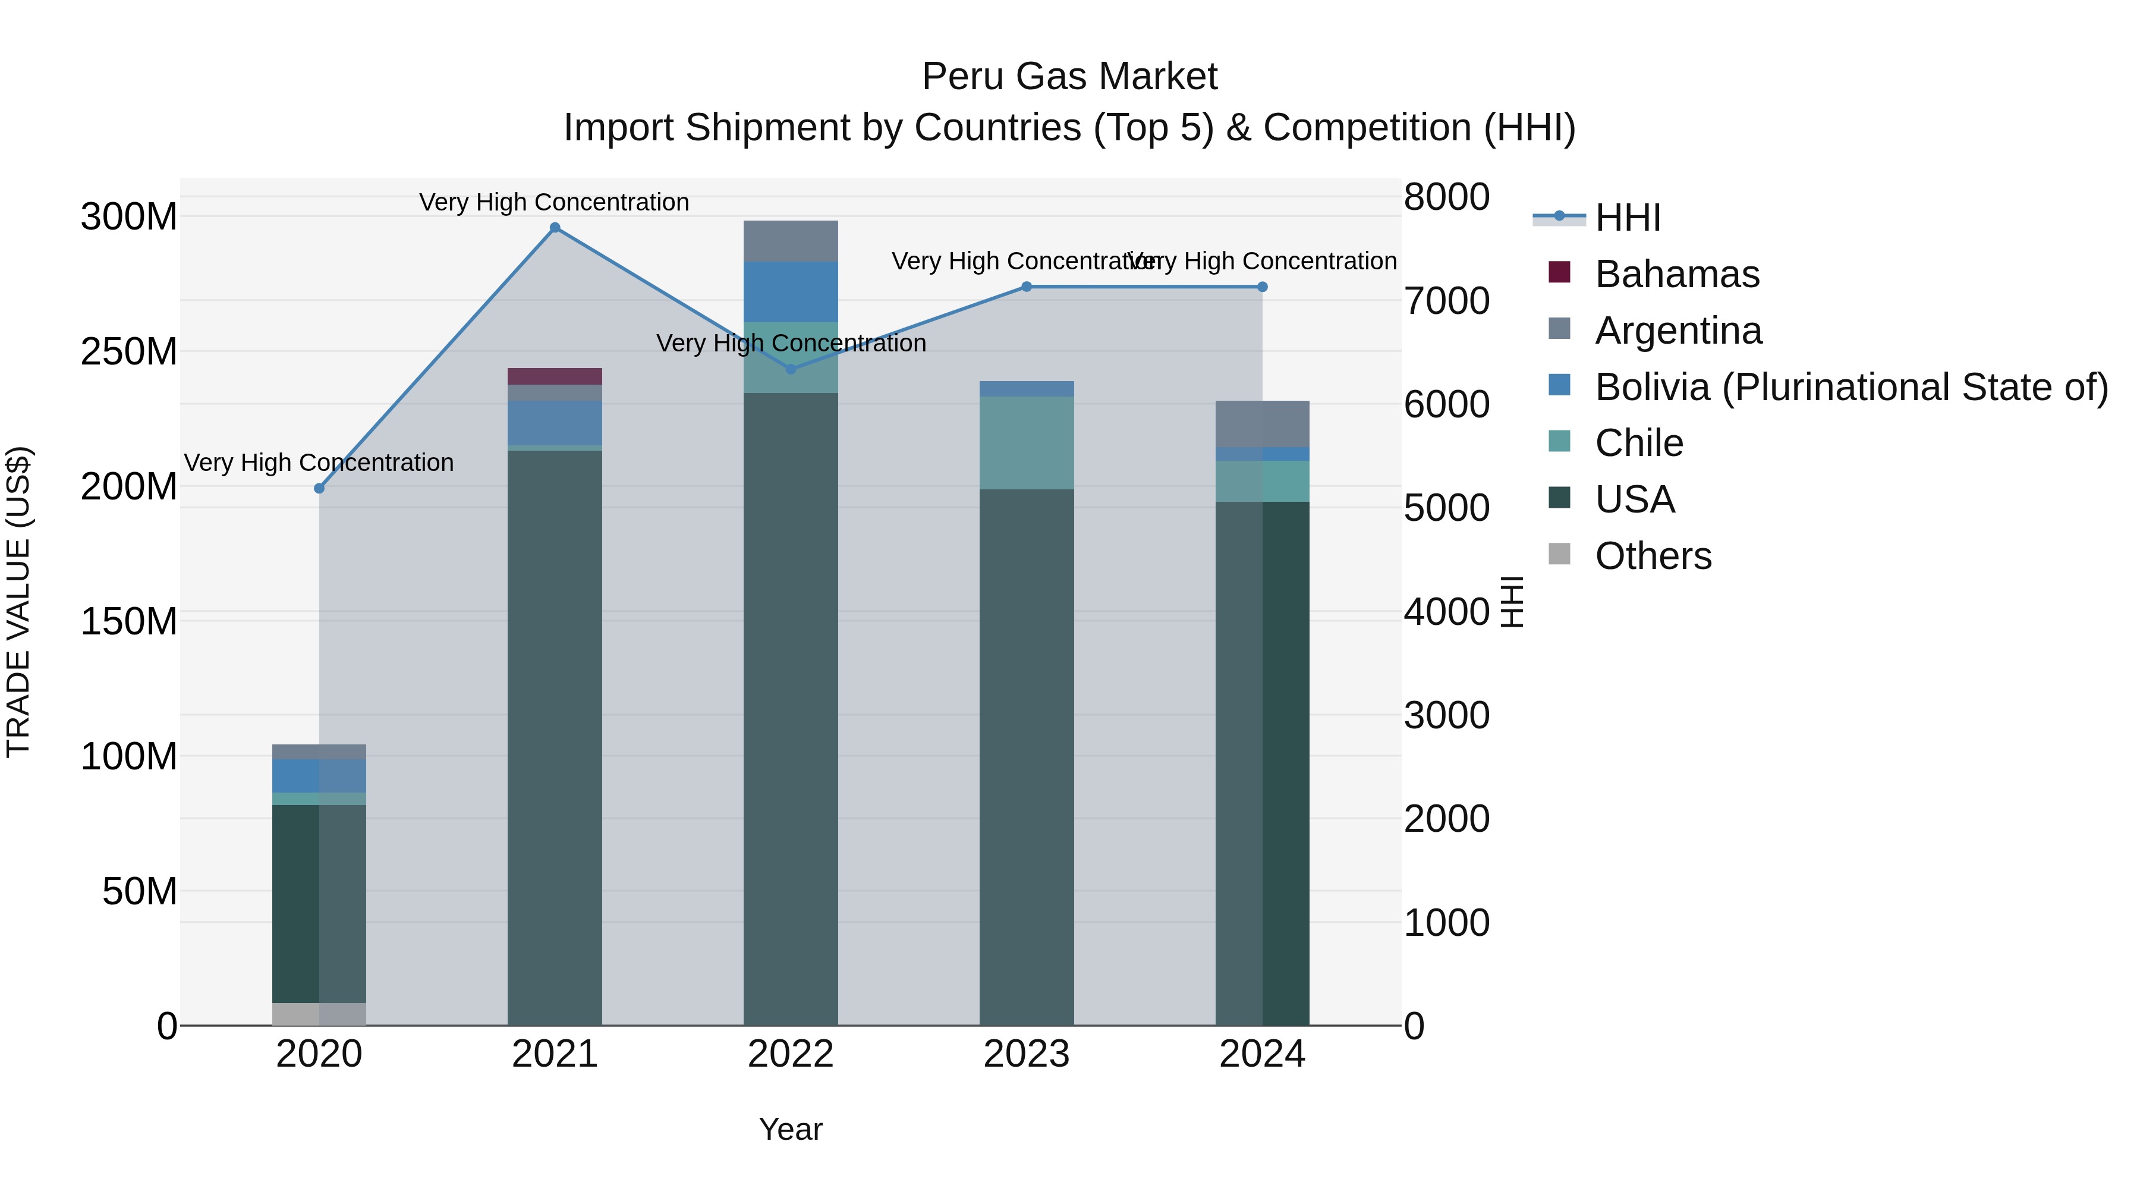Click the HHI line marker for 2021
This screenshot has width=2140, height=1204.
tap(555, 228)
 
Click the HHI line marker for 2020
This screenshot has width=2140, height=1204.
tap(319, 489)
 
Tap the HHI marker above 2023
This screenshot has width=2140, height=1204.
tap(1027, 287)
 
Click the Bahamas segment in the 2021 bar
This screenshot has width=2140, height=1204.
tap(555, 376)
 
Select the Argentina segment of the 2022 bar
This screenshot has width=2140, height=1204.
tap(791, 241)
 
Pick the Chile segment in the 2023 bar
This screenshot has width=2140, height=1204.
tap(1027, 443)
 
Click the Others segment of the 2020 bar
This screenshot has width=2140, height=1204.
tap(319, 1014)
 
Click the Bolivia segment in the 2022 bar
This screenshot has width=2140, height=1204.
tap(791, 292)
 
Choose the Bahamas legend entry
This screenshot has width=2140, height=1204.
tap(1676, 274)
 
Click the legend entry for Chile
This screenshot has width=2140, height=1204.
tap(1638, 443)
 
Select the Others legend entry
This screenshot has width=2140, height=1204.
tap(1653, 556)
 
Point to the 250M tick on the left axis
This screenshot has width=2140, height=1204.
tap(129, 351)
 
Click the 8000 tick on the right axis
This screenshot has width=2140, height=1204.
tap(1446, 198)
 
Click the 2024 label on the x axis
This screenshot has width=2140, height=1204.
tap(1262, 1054)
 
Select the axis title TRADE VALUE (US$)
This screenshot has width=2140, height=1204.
tap(18, 602)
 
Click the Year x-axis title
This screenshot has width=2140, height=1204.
tap(790, 1129)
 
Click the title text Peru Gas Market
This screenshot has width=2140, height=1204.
tap(1069, 77)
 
